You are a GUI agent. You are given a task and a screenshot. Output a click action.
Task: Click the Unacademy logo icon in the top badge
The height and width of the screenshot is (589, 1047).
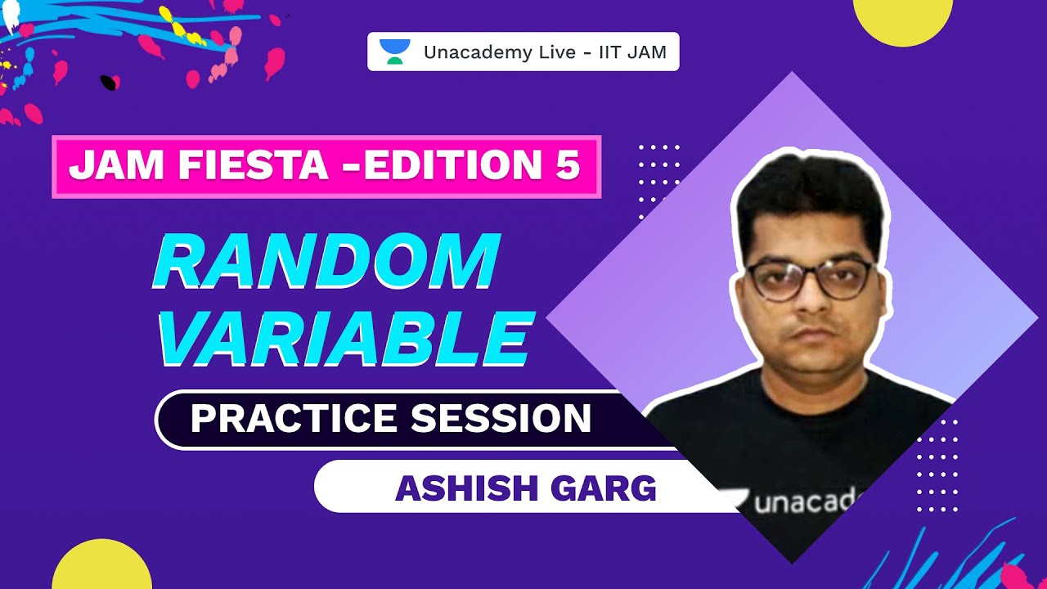[x=396, y=52]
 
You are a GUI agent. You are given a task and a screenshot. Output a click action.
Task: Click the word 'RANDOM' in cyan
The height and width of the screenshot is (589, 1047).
[x=326, y=262]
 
